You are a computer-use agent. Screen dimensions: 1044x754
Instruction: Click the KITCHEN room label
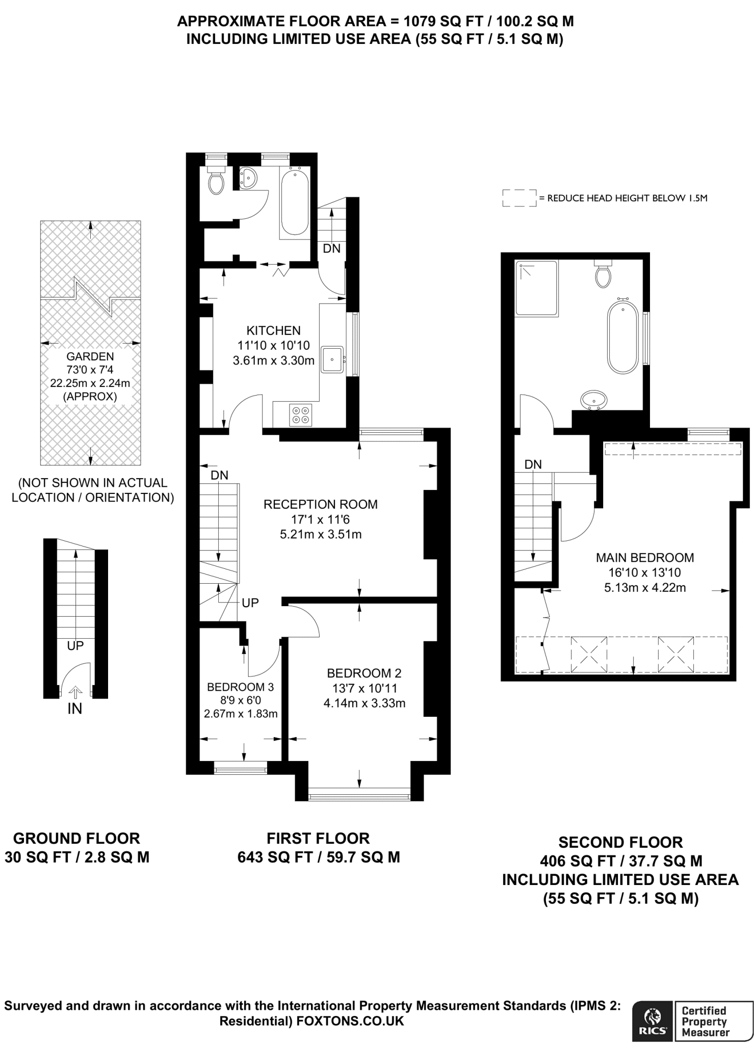[x=273, y=330]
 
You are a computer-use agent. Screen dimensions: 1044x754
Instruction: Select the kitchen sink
[x=332, y=359]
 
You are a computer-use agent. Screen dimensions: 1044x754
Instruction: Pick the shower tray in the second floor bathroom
[x=536, y=288]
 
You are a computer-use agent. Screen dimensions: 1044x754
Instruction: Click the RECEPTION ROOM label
[x=320, y=504]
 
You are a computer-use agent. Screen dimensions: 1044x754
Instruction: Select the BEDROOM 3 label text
[x=240, y=687]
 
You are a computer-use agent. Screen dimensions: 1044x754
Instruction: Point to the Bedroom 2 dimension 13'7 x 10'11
[x=364, y=688]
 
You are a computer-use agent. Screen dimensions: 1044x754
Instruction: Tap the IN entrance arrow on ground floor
[x=75, y=692]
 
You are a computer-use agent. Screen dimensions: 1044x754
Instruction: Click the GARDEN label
[x=90, y=357]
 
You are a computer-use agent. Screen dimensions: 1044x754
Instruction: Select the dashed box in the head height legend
[x=519, y=198]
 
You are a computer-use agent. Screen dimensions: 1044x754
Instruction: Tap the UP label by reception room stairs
[x=250, y=603]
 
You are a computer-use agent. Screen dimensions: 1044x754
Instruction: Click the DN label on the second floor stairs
[x=533, y=464]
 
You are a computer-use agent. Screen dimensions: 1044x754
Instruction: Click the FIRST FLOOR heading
[x=318, y=839]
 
